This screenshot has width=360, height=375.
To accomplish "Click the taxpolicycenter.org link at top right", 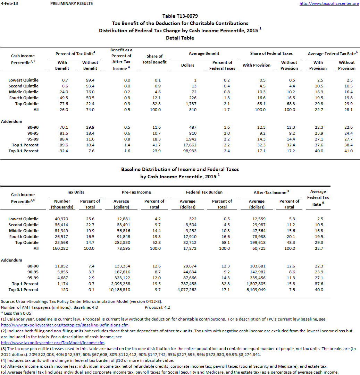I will coord(329,3).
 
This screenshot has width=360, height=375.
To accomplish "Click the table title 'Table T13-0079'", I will coord(180,16).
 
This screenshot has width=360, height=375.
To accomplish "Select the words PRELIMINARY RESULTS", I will coord(72,3).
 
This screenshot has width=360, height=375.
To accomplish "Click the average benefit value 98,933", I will coord(188,151).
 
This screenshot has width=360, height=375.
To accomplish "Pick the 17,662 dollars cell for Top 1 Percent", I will coord(188,145).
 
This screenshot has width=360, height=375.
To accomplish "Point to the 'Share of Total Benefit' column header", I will coord(154,59).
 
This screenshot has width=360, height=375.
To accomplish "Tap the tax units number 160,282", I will coord(62,248).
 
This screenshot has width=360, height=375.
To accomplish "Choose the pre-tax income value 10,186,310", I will coord(121,290).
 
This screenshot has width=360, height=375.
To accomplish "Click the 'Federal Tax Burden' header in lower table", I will coord(204,192).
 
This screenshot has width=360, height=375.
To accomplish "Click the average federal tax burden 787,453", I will coord(188,284).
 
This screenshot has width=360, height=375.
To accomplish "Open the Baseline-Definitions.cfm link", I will coord(65,325).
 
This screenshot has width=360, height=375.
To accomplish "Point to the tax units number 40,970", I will coord(62,219).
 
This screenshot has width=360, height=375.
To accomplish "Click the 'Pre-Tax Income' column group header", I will coord(137,192).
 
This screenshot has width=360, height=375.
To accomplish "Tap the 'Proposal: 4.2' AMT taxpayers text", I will coord(157,307).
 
